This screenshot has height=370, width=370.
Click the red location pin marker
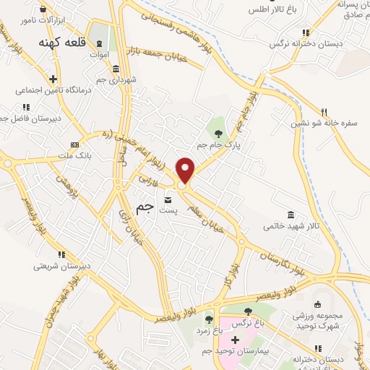coord(186,170)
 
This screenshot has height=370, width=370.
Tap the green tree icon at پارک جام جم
coord(220,132)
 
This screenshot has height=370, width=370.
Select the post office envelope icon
coord(168,199)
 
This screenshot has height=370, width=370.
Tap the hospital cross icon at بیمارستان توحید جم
coord(235,339)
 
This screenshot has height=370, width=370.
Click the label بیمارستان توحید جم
coord(236,350)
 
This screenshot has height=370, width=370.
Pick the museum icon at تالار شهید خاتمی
coord(291,215)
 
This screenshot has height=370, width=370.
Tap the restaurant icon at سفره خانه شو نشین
coord(324,112)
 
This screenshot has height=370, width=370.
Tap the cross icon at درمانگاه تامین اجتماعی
coord(53,79)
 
